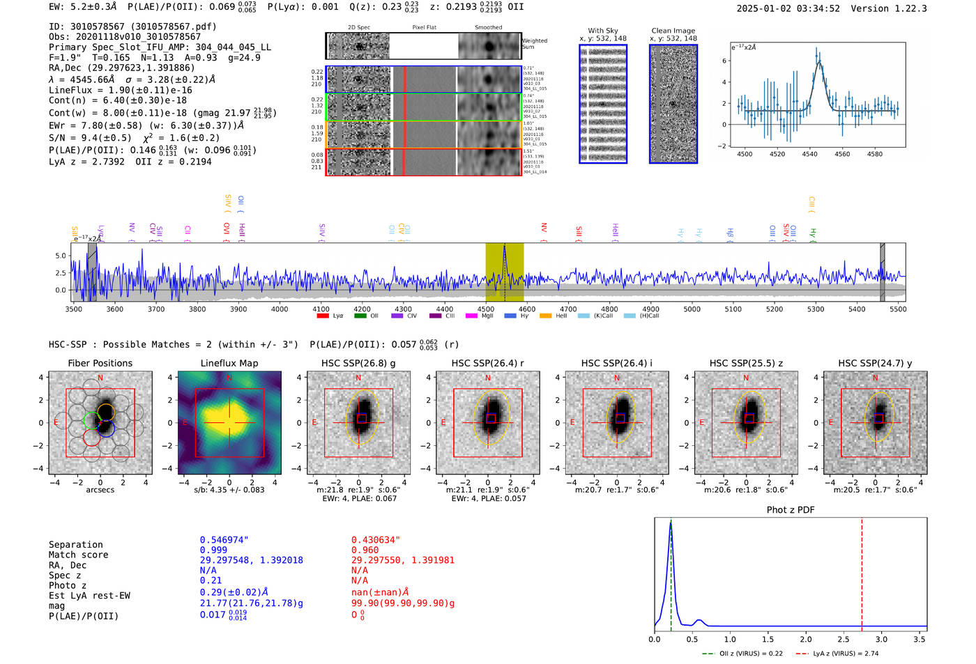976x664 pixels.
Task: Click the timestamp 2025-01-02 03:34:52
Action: pyautogui.click(x=788, y=8)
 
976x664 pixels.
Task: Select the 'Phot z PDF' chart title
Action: pyautogui.click(x=791, y=510)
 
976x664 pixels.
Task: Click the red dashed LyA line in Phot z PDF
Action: pyautogui.click(x=862, y=571)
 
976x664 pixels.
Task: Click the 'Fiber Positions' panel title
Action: pyautogui.click(x=100, y=363)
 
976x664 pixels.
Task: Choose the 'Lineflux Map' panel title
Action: pyautogui.click(x=229, y=363)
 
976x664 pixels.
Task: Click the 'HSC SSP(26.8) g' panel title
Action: pyautogui.click(x=358, y=363)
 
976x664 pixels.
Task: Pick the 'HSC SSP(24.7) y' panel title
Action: pyautogui.click(x=875, y=363)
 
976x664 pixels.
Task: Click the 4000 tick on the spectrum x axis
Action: pyautogui.click(x=280, y=309)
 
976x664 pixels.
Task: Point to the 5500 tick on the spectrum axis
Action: pyautogui.click(x=898, y=309)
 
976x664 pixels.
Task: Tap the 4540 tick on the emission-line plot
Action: pyautogui.click(x=809, y=154)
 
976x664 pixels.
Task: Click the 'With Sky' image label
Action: pyautogui.click(x=603, y=31)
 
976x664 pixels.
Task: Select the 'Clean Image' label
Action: pyautogui.click(x=673, y=31)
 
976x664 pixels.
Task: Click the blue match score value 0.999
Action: pyautogui.click(x=213, y=550)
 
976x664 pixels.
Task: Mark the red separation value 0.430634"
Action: pyautogui.click(x=376, y=540)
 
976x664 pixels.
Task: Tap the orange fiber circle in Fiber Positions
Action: pyautogui.click(x=105, y=411)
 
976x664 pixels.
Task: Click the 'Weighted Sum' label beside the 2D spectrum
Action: pyautogui.click(x=535, y=43)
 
